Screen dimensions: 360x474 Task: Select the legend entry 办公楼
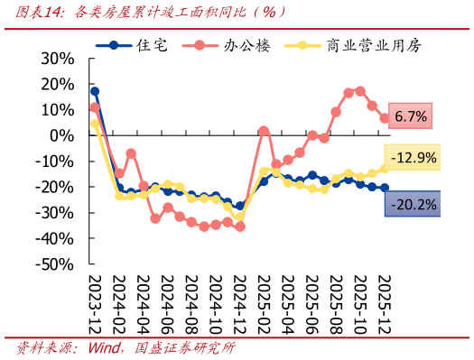tap(237, 44)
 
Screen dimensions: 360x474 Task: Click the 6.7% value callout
tap(410, 116)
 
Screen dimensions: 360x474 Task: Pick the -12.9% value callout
tap(413, 158)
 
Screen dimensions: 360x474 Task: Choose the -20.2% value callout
tap(412, 205)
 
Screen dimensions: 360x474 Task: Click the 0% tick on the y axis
tap(64, 135)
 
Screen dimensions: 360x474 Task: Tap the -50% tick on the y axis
tap(56, 265)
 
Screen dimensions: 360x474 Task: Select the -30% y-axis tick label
tap(56, 213)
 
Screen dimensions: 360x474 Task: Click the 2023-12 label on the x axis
tap(95, 305)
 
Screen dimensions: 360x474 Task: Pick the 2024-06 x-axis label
tap(167, 305)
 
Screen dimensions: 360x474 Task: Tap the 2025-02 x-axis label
tap(264, 305)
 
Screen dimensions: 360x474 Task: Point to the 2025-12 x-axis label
tap(384, 305)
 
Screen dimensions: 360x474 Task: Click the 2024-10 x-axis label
tap(215, 305)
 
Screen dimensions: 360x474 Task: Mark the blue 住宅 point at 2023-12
tap(95, 91)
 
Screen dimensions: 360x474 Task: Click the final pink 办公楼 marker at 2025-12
tap(384, 118)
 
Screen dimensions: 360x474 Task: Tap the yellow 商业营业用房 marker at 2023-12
tap(95, 125)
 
